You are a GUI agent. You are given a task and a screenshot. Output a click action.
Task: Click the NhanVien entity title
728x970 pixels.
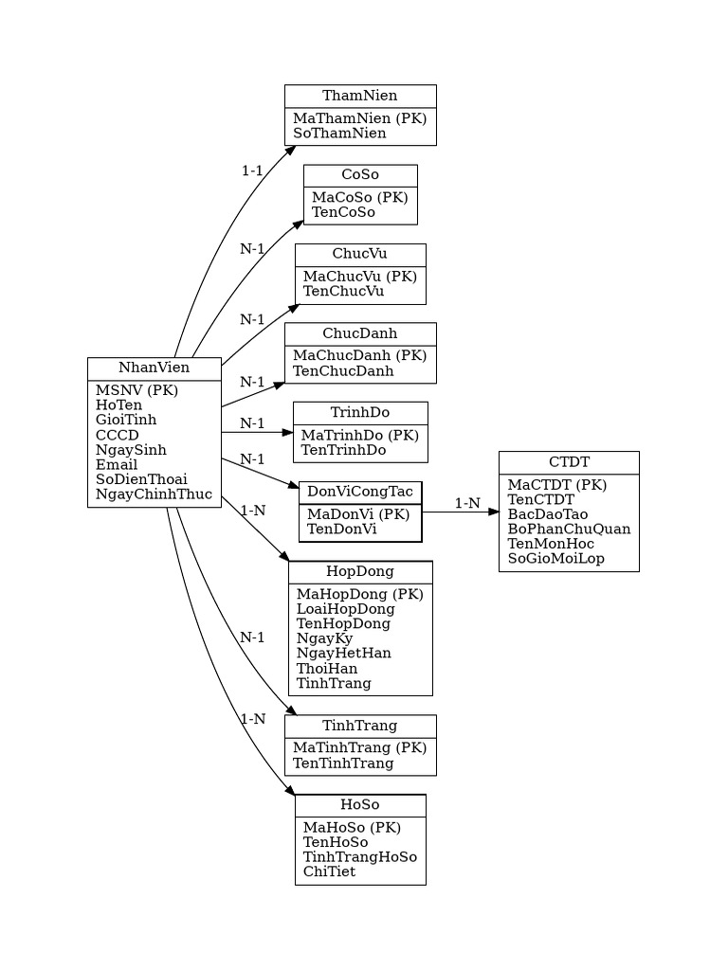(154, 368)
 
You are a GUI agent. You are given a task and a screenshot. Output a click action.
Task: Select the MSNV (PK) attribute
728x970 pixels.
(136, 390)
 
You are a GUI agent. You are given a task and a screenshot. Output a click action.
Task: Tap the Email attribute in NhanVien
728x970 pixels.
(117, 464)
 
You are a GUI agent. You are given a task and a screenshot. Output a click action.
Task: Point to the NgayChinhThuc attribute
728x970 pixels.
(154, 494)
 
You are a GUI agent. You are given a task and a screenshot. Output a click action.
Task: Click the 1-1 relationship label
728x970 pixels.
(251, 171)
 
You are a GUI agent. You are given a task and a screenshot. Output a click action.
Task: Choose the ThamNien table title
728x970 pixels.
(359, 96)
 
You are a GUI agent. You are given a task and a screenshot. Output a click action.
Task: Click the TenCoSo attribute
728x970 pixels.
(343, 212)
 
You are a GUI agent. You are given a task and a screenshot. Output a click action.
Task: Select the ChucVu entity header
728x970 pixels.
(359, 254)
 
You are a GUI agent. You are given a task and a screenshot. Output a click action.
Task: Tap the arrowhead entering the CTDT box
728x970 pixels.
(493, 512)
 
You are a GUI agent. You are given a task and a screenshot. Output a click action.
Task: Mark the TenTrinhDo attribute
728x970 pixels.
(343, 450)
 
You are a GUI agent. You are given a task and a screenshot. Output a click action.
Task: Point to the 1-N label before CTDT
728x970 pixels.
(467, 503)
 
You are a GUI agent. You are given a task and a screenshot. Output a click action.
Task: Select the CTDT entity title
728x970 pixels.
(569, 462)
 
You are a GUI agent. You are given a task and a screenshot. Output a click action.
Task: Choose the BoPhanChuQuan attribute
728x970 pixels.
(569, 529)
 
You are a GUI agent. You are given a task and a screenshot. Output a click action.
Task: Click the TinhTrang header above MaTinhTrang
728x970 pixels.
(359, 726)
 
